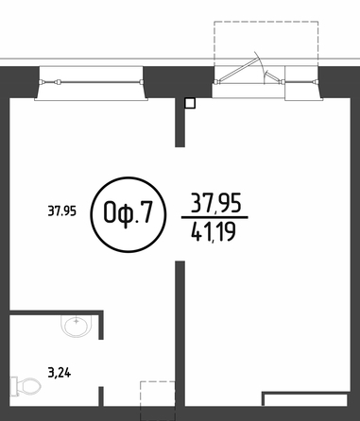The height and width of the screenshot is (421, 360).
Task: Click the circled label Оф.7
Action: click(x=128, y=214)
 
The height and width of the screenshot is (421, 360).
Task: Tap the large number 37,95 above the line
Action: click(x=216, y=203)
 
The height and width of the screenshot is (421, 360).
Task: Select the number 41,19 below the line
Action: click(x=214, y=232)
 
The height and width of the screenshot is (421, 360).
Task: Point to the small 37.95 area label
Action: click(x=61, y=210)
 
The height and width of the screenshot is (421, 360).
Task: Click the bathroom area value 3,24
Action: click(x=60, y=373)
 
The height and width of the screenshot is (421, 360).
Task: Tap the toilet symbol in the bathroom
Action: click(x=26, y=386)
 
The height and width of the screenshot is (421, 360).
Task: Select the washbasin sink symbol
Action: click(x=77, y=326)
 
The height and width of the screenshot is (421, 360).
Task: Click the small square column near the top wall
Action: click(x=190, y=103)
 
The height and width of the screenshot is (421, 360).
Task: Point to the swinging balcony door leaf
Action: click(x=239, y=69)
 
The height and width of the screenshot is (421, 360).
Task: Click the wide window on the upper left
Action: click(x=91, y=83)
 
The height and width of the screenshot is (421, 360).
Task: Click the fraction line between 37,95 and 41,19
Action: click(x=214, y=217)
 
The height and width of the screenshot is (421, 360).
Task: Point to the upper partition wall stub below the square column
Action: click(x=180, y=123)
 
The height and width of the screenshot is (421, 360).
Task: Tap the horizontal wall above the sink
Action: click(x=56, y=312)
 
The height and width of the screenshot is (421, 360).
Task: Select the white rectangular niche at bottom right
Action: click(x=305, y=400)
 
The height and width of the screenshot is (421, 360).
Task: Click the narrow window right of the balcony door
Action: click(x=301, y=83)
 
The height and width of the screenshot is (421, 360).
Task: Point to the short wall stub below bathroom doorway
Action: click(x=101, y=396)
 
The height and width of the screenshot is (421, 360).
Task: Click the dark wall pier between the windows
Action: click(x=178, y=82)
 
